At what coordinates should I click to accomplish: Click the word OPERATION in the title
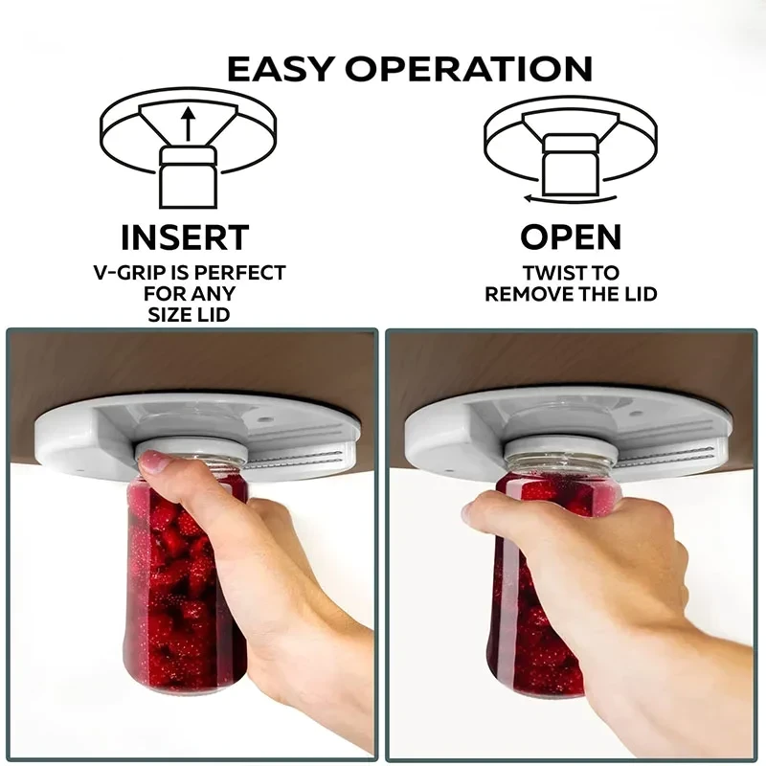point(470,69)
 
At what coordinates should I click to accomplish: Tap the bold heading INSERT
point(185,237)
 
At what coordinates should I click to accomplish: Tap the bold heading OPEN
point(571,237)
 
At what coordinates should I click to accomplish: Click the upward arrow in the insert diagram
point(188,124)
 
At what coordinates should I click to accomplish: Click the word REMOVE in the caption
point(532,295)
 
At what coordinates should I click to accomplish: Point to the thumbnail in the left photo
point(154,462)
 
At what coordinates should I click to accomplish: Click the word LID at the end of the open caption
point(638,295)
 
